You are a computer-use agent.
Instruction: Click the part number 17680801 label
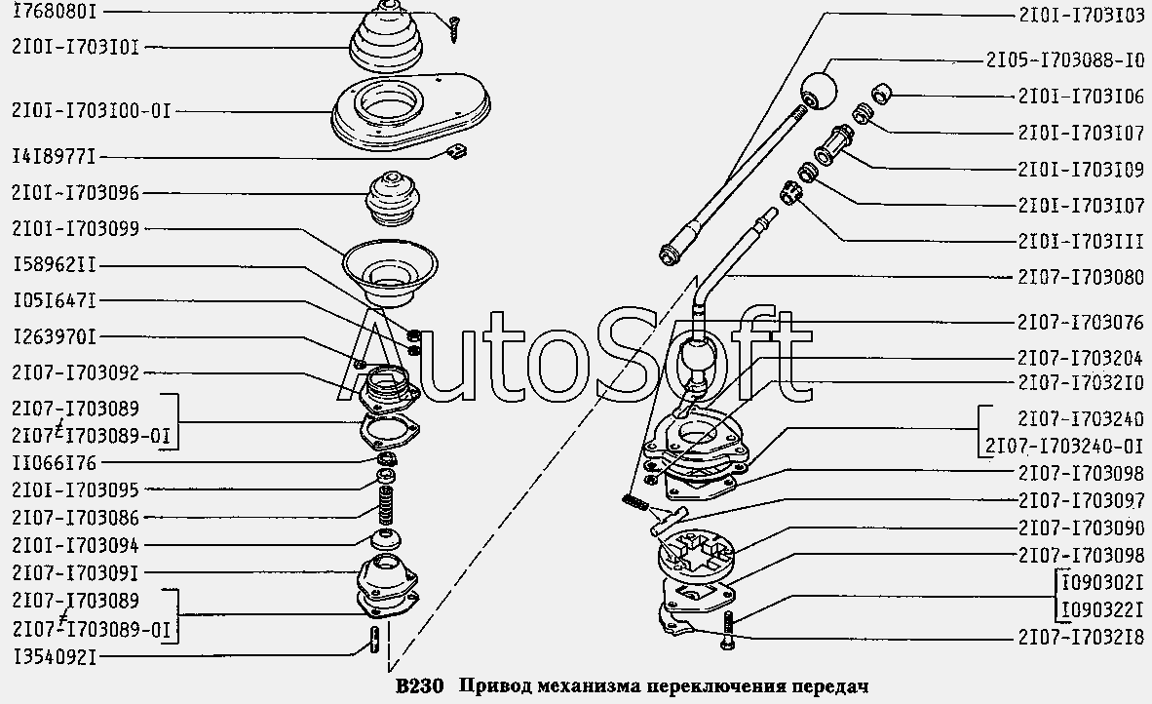(x=55, y=12)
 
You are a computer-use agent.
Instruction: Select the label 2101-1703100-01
(x=91, y=111)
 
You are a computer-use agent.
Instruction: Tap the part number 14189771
(x=55, y=157)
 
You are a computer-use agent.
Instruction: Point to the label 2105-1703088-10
(x=1064, y=60)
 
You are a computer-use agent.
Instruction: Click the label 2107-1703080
(x=1081, y=277)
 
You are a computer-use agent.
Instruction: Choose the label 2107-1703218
(x=1081, y=637)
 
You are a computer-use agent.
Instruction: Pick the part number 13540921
(x=55, y=655)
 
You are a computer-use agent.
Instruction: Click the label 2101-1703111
(x=1081, y=241)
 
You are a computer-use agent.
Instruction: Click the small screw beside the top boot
(x=454, y=28)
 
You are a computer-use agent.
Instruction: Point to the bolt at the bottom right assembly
(x=728, y=630)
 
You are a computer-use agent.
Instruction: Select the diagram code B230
(x=419, y=686)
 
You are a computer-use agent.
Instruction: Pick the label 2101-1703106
(x=1081, y=97)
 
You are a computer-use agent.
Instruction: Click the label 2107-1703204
(x=1081, y=358)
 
